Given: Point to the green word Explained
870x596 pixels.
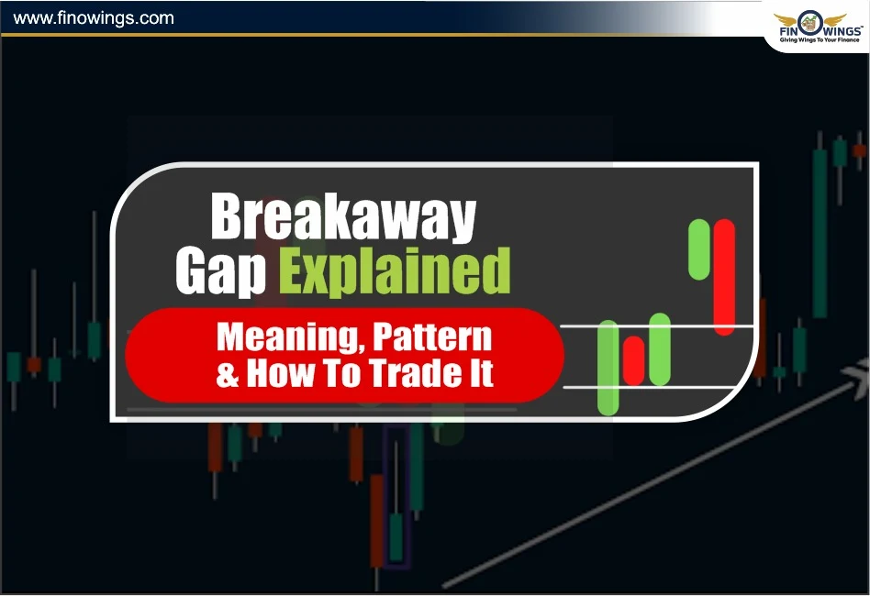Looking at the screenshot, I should pos(395,272).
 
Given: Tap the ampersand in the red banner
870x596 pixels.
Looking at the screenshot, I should pos(227,374).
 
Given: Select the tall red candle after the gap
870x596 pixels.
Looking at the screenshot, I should pos(724,276).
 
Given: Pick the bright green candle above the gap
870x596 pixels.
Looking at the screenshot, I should pos(700,248).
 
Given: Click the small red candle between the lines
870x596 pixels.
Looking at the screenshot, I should pos(633,359).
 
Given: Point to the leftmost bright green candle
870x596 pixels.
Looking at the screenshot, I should pos(608,367).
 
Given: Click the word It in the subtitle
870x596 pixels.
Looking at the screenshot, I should pos(481,374).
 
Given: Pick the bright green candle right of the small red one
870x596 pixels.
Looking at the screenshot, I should pos(660,348).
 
